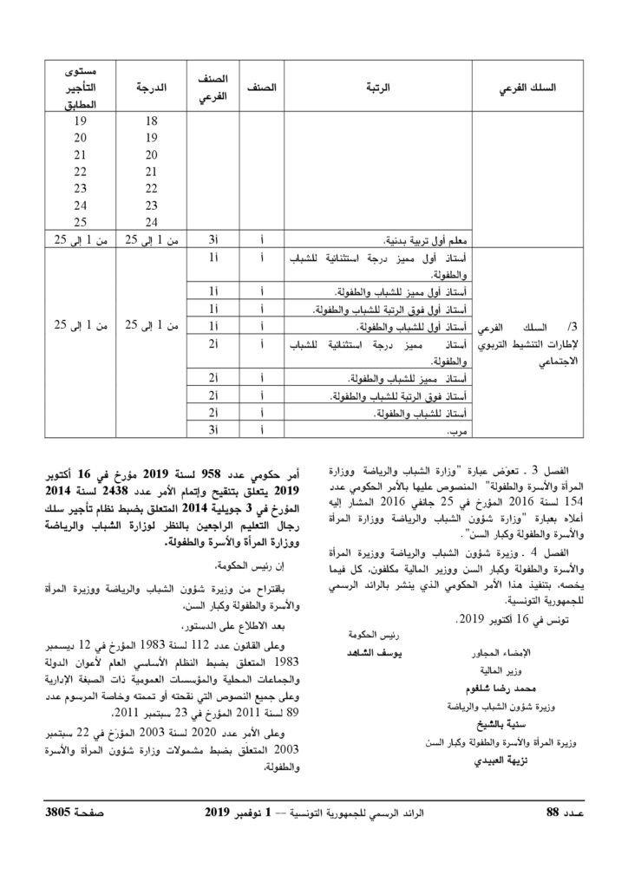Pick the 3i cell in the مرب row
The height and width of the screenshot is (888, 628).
pos(212,429)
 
